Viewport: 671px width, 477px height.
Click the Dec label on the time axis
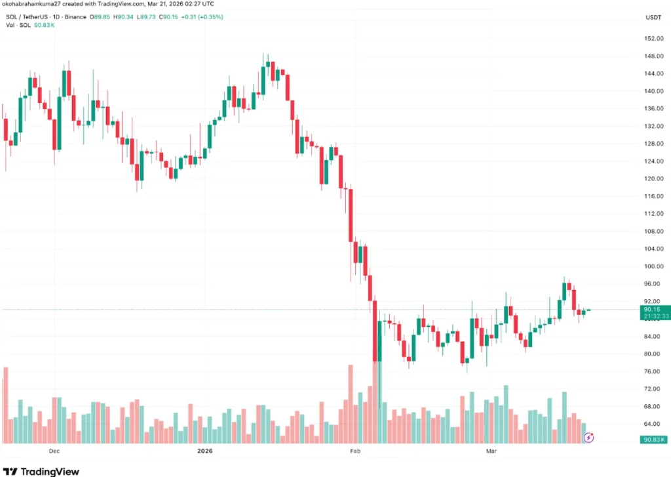tap(54, 451)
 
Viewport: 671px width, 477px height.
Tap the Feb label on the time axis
tap(355, 451)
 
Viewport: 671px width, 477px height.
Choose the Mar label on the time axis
tap(493, 451)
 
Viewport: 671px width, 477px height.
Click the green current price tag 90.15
tap(651, 309)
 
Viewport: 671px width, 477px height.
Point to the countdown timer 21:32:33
tap(651, 316)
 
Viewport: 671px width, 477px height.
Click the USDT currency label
tap(653, 17)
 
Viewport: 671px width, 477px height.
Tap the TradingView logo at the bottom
tap(42, 471)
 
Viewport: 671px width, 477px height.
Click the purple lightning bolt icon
tap(589, 437)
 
